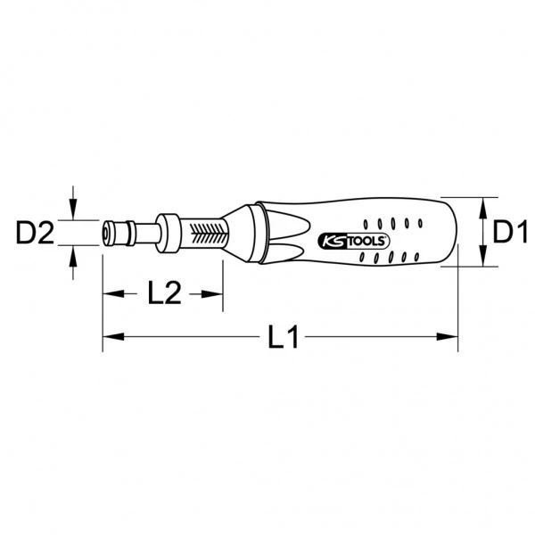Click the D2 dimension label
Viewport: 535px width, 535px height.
pos(36,235)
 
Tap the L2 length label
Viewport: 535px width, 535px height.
pos(163,292)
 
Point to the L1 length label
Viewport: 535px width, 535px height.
pos(283,337)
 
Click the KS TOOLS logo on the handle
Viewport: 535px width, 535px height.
pos(348,239)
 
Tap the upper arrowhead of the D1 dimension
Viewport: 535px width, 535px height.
pos(482,204)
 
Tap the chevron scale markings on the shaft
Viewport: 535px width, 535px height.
pos(212,235)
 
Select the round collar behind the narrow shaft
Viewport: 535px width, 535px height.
pos(169,234)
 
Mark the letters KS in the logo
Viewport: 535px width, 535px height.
pos(329,240)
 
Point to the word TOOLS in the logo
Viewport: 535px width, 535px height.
pos(356,239)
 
